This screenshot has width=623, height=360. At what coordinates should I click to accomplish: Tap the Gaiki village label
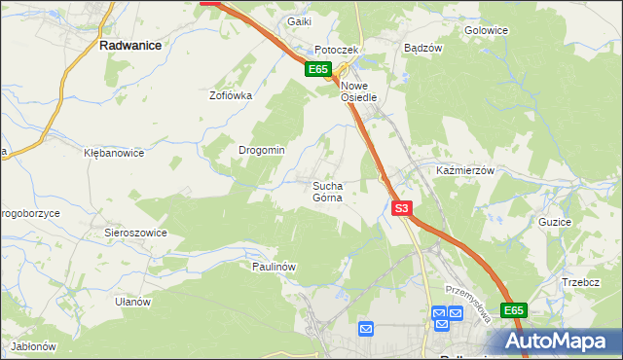298,20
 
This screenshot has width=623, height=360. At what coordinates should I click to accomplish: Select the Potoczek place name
337,50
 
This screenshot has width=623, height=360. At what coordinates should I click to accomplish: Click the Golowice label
487,30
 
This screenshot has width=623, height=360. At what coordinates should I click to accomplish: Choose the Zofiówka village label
231,95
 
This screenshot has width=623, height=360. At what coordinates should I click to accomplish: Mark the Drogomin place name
262,150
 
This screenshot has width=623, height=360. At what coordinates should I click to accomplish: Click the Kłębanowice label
114,153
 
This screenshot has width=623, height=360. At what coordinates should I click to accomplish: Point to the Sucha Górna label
327,191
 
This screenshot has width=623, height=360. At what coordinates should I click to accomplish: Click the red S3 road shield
403,208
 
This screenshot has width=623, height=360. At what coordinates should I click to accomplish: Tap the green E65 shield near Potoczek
319,69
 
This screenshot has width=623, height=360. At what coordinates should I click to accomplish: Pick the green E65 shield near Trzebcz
514,310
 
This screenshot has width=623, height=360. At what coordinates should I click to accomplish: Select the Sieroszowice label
136,233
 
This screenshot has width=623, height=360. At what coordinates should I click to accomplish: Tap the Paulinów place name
274,266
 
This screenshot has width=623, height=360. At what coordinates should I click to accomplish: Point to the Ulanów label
132,302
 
